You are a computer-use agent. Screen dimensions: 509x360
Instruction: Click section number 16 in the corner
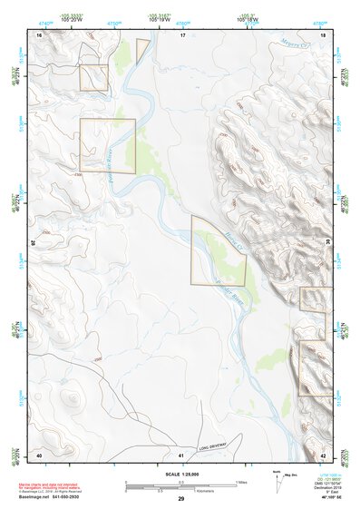(39, 35)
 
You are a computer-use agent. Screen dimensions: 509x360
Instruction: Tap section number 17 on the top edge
(181, 35)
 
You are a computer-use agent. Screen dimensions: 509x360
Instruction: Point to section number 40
(39, 453)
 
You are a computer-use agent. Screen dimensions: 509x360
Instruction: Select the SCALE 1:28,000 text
(180, 474)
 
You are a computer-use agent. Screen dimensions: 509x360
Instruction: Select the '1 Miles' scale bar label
(241, 481)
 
